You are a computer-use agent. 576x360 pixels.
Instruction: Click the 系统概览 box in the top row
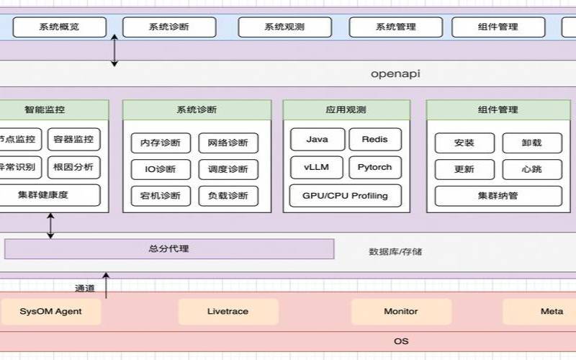[60, 27]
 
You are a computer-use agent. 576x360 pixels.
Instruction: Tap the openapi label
[395, 73]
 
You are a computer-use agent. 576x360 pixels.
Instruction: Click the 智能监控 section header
[45, 110]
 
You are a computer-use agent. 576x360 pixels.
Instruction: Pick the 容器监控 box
[73, 140]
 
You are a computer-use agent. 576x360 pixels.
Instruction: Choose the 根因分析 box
[73, 167]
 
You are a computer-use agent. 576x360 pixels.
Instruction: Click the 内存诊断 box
[161, 143]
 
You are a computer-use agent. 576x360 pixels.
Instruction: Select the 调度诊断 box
[228, 169]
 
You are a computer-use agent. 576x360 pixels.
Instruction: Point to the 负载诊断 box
[228, 196]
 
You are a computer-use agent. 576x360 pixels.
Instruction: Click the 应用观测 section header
[346, 110]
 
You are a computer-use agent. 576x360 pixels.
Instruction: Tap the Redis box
[374, 140]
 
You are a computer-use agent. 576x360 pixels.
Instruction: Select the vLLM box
[317, 167]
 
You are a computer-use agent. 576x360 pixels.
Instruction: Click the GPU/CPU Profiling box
[346, 196]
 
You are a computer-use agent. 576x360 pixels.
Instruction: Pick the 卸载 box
[531, 143]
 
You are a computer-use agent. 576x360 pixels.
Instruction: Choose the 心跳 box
[531, 169]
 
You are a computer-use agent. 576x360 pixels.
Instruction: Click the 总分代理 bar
[169, 249]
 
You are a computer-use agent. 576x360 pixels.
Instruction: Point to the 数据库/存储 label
[395, 252]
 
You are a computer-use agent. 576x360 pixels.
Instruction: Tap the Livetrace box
[228, 312]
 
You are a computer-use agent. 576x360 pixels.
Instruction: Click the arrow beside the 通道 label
[106, 285]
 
